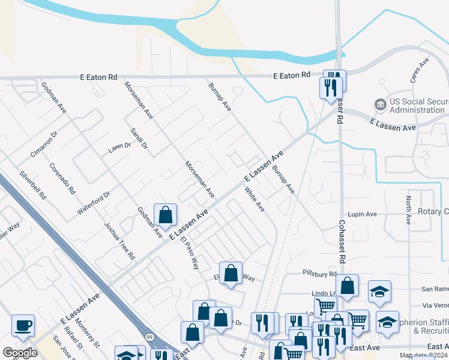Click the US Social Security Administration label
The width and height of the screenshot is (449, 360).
pyautogui.click(x=418, y=106)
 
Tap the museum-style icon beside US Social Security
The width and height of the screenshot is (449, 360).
pyautogui.click(x=380, y=106)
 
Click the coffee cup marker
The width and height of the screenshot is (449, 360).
pyautogui.click(x=23, y=325)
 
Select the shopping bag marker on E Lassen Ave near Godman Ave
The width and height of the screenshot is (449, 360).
pyautogui.click(x=165, y=215)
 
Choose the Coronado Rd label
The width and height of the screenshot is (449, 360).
pyautogui.click(x=62, y=179)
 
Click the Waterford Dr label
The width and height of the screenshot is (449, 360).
pyautogui.click(x=94, y=203)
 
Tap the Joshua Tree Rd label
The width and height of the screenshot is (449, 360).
pyautogui.click(x=119, y=241)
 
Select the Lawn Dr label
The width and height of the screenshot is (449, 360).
pyautogui.click(x=119, y=148)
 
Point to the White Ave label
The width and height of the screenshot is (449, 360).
pyautogui.click(x=255, y=199)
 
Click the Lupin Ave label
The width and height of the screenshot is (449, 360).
pyautogui.click(x=362, y=214)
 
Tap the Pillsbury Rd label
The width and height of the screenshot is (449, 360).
pyautogui.click(x=320, y=274)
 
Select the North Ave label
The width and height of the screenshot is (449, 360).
pyautogui.click(x=408, y=210)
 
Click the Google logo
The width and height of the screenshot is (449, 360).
pyautogui.click(x=20, y=353)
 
